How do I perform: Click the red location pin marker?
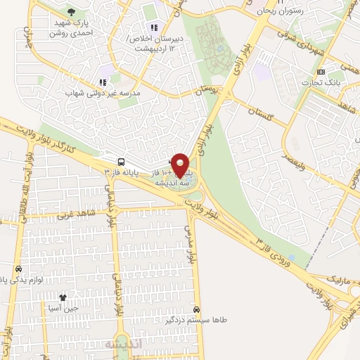pyautogui.click(x=181, y=165)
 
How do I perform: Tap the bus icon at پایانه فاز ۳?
pyautogui.click(x=122, y=161)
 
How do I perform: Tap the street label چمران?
pyautogui.click(x=30, y=38)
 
